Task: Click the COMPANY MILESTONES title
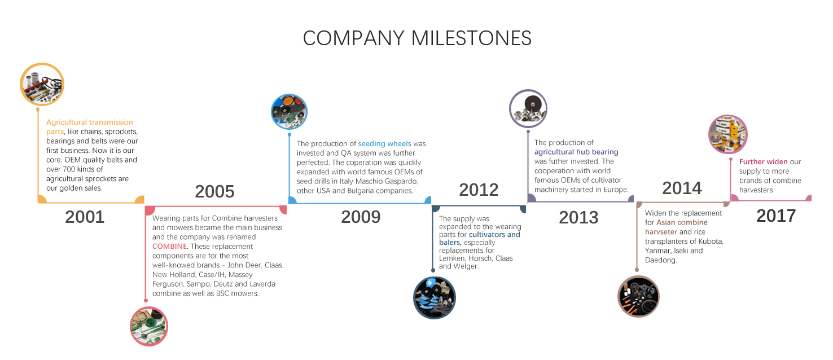click(x=417, y=38)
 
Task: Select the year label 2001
click(x=85, y=217)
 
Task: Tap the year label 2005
click(x=214, y=191)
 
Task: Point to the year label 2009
click(x=361, y=217)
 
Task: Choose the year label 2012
click(x=479, y=190)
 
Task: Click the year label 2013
click(x=578, y=217)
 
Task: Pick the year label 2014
click(x=682, y=188)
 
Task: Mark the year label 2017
click(x=776, y=216)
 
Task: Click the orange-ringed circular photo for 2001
click(x=42, y=85)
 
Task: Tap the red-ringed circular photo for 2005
click(x=149, y=327)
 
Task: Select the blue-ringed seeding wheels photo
click(x=290, y=112)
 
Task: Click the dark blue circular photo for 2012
click(x=435, y=297)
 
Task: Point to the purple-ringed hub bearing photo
click(x=528, y=108)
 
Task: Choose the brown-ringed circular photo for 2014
click(x=638, y=296)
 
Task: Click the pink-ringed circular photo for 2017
click(x=728, y=134)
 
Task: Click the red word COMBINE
click(x=170, y=246)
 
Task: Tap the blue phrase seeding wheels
click(x=384, y=143)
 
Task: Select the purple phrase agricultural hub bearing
click(x=576, y=152)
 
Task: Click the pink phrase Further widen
click(x=763, y=162)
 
